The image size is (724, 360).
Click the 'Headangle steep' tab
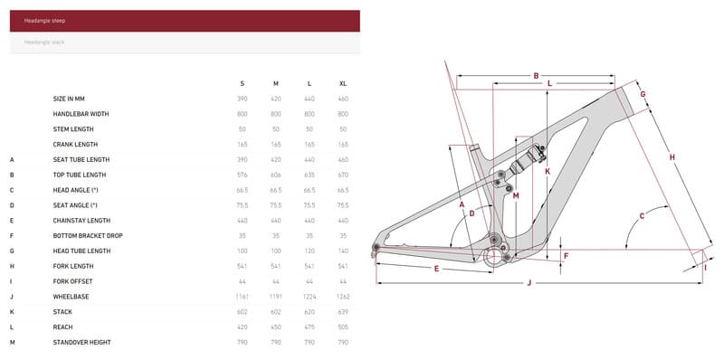[x=185, y=21]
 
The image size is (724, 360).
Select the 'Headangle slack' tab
[x=185, y=43]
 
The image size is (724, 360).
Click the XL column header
[x=343, y=83]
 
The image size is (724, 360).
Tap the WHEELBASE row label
[x=71, y=297]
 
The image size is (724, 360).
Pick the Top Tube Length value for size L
[x=310, y=175]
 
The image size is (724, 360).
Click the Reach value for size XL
[x=343, y=327]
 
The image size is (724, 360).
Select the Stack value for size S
[x=243, y=312]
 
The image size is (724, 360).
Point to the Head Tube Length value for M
[x=276, y=251]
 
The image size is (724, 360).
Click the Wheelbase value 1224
[x=310, y=297]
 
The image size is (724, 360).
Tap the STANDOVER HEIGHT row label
[x=82, y=343]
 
